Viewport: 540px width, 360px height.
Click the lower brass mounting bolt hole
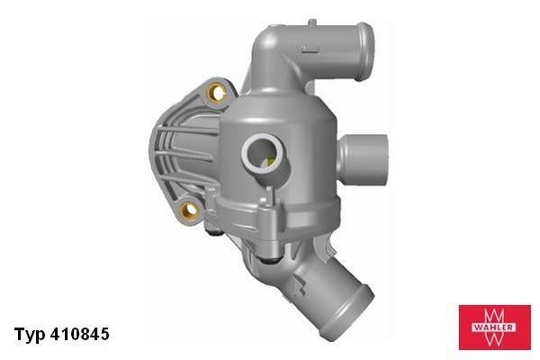pyautogui.click(x=189, y=211)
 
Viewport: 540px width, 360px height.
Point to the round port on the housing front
pyautogui.click(x=265, y=153)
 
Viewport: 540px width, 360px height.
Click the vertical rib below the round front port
pyautogui.click(x=267, y=202)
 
